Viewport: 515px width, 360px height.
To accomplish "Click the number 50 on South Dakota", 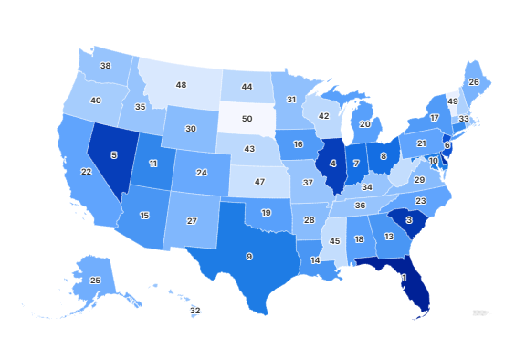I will click(246, 119).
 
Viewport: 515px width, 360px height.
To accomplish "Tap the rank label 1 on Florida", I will click(403, 277).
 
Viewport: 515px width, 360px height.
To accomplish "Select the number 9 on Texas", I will click(249, 256).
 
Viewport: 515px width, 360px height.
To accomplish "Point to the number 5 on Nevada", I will click(114, 155).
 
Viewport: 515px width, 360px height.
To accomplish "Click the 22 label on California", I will click(86, 172).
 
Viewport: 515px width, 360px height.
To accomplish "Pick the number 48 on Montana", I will click(181, 85).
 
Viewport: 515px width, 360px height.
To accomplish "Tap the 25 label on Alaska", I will click(95, 280).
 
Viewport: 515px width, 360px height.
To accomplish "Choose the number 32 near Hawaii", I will click(195, 311).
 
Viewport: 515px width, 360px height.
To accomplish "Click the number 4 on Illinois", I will click(333, 164).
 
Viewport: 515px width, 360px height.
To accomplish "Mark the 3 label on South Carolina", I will click(409, 220).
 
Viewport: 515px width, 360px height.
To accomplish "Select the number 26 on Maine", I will click(473, 82).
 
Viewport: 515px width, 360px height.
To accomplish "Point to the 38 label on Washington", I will click(106, 66).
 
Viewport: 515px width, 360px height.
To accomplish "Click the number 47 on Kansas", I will click(258, 182).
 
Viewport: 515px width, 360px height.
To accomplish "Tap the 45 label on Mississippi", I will click(335, 241).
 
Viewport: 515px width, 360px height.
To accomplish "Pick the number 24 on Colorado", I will click(201, 172).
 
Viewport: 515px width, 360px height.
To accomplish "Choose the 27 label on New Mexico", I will click(193, 221).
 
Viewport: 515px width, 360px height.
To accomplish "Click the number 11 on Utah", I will click(153, 163).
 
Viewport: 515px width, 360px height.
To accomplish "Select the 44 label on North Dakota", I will click(247, 87).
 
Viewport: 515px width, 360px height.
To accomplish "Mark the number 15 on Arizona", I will click(144, 216).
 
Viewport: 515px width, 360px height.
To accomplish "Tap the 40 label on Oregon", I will click(95, 100).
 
